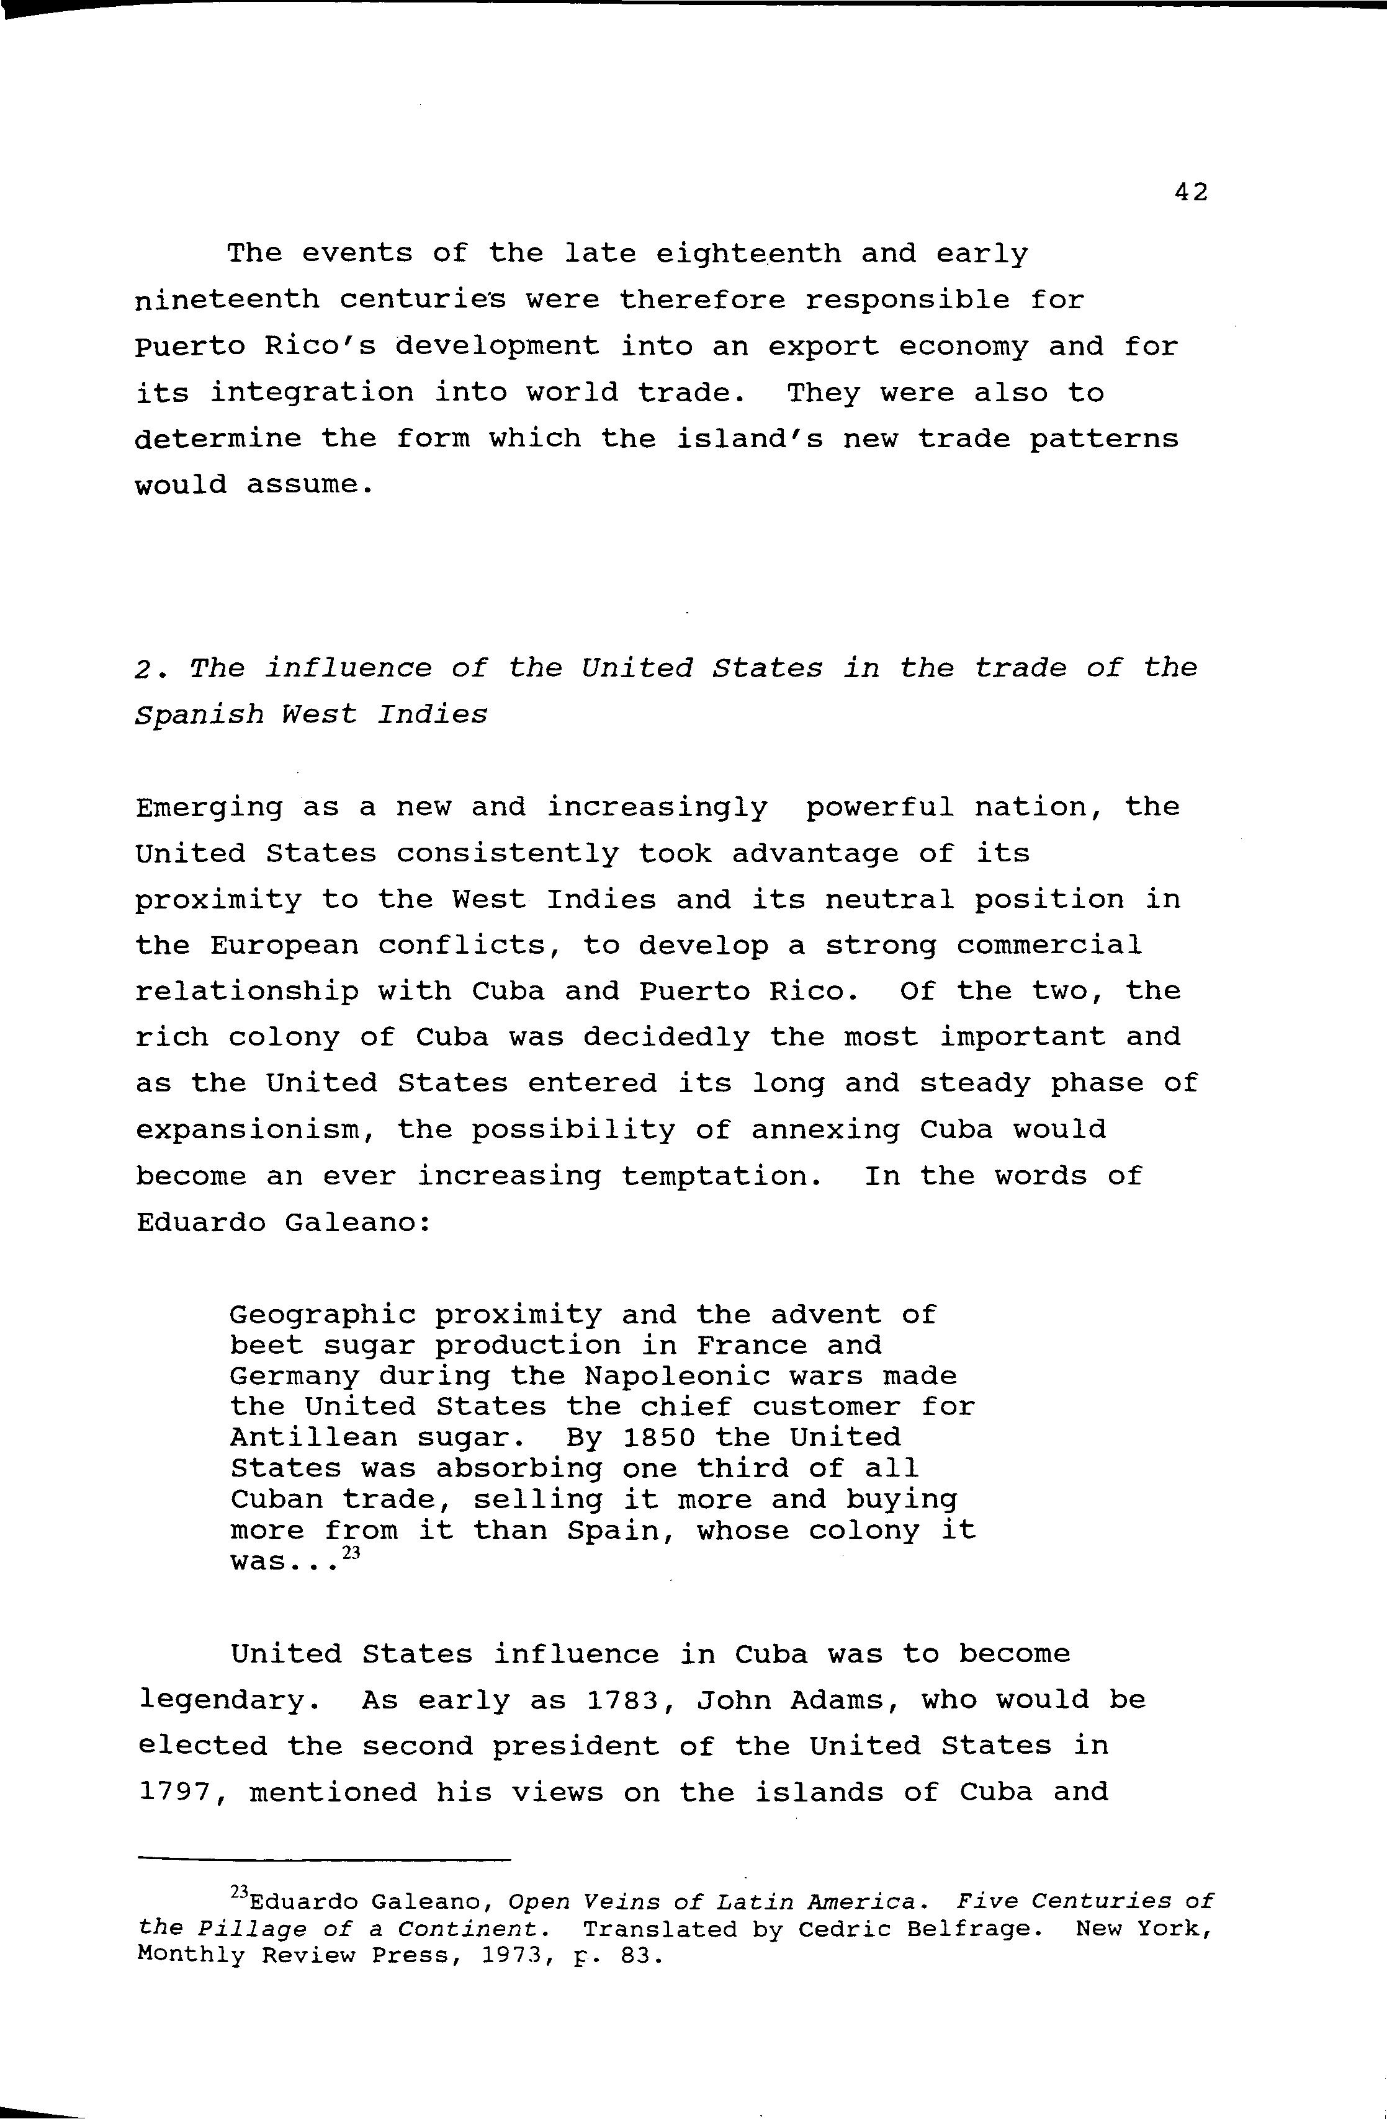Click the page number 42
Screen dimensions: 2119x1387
[1190, 192]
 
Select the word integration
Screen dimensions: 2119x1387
[311, 394]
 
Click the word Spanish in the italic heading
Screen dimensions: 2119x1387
[199, 715]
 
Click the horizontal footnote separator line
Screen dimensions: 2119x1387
[325, 1861]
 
